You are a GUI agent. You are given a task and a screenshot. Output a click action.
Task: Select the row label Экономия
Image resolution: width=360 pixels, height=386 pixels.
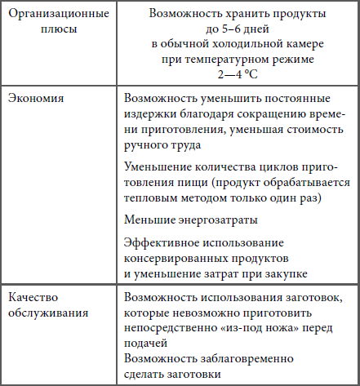(x=36, y=97)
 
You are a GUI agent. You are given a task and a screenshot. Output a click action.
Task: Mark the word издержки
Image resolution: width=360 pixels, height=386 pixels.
(x=150, y=117)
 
